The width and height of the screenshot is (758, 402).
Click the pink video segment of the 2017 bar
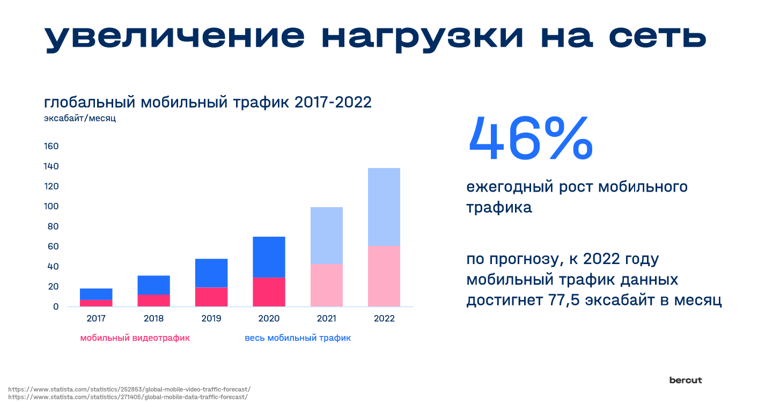(96, 303)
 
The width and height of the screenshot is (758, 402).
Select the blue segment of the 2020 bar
(269, 257)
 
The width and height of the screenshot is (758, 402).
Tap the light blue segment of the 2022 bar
(384, 207)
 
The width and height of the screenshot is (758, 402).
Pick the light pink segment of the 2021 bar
(327, 286)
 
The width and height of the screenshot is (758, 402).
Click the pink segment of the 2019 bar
(211, 297)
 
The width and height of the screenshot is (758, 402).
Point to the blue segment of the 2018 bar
(153, 285)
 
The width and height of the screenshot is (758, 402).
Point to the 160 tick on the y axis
(51, 147)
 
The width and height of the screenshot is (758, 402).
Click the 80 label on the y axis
(53, 226)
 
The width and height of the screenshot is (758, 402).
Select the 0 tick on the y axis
(56, 306)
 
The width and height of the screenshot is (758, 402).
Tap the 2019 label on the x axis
(211, 318)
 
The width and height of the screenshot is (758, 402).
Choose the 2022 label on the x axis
(384, 318)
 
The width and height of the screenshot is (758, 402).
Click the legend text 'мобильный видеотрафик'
(135, 338)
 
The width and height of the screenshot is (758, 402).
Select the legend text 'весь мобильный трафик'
(298, 338)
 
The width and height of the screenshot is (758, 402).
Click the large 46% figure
(531, 138)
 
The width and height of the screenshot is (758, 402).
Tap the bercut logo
(686, 381)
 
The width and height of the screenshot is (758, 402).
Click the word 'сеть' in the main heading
(658, 36)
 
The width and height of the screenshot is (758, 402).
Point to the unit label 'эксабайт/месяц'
(80, 118)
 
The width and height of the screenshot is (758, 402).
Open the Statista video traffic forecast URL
(130, 390)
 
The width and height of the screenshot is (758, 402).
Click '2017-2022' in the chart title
(333, 103)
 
